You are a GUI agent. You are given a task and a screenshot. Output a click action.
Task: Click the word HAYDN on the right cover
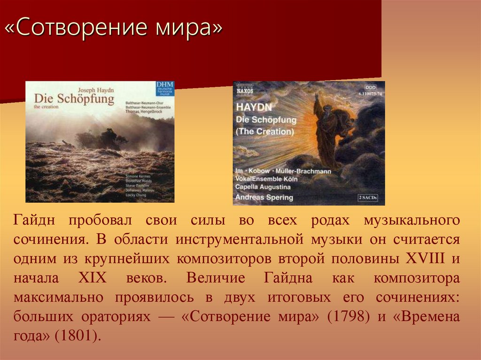[x=251, y=107]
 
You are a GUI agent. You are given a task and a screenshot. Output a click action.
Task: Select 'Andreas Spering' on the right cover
[x=264, y=197]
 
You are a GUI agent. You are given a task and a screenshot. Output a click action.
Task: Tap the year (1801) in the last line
[x=78, y=336]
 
